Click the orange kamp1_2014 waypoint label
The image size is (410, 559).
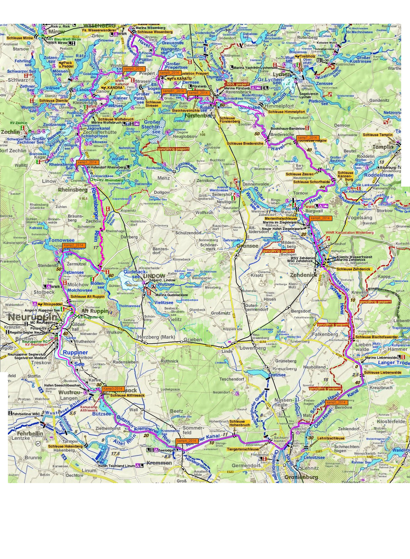pos(87,162)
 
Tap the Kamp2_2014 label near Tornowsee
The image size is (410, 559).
pos(74,245)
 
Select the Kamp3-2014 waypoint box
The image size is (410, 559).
pos(113,389)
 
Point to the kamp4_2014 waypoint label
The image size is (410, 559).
pos(186,441)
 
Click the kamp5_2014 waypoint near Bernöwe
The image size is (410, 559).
pos(336,402)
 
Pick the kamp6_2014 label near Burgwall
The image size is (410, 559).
pos(320,218)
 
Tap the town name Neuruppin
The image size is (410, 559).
pos(32,317)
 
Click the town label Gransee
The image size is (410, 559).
pos(247,246)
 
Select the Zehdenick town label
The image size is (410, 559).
pos(304,275)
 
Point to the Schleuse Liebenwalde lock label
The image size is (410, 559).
pos(383,372)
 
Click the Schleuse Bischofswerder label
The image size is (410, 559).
pos(376,337)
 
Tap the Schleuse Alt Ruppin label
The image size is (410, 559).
pos(87,296)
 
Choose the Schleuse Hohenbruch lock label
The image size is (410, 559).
pos(239,423)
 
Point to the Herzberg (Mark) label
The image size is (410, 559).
pos(156,337)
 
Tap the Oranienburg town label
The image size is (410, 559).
pos(301,477)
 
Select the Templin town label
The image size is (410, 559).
pos(383,147)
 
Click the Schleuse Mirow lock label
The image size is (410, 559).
pos(20,38)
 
